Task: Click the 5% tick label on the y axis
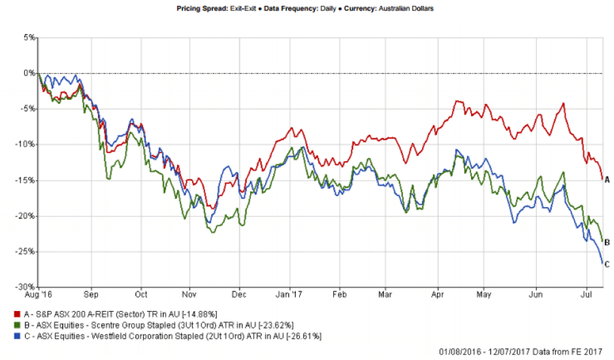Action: coord(29,37)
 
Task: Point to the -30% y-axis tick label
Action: coord(25,287)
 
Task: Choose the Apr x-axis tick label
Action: coord(438,295)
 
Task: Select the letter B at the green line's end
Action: coord(607,242)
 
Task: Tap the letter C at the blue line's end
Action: coord(607,264)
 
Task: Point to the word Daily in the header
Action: coord(336,9)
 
